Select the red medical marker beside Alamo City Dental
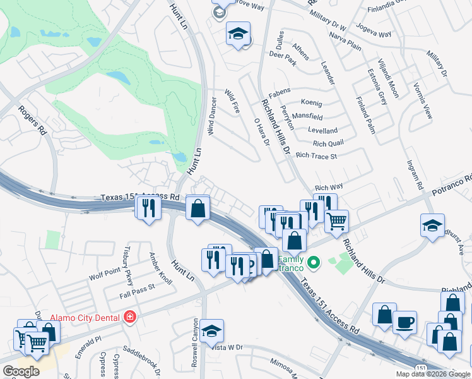coord(130,316)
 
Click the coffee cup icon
coord(404,322)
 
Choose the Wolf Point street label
coord(104,275)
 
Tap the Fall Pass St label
coord(137,291)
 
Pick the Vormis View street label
coord(422,100)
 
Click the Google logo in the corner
coord(21,371)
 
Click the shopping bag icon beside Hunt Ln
coord(198,208)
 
